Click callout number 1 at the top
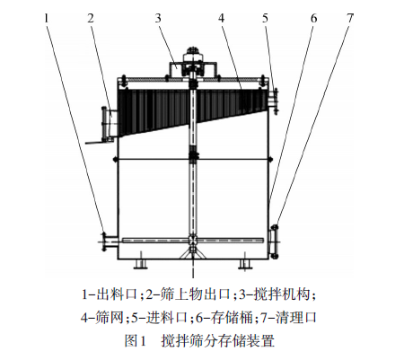46,18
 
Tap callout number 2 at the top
91,18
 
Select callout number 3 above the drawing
158,18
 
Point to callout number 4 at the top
221,18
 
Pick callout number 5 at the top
265,18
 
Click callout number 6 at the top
313,18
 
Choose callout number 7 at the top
350,18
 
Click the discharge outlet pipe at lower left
109,241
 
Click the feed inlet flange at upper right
273,101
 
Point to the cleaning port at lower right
274,241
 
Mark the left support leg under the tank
140,264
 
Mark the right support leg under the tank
245,264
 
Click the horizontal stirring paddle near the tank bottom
193,240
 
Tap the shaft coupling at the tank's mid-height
194,156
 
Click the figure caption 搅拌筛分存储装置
218,340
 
